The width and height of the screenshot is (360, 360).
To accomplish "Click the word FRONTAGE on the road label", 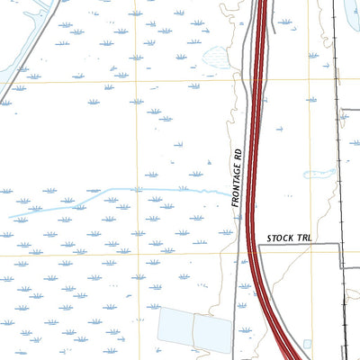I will coord(236,187).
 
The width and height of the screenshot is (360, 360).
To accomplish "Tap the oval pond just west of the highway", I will coord(217,58).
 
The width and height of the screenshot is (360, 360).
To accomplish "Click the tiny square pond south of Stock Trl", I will coord(307,344).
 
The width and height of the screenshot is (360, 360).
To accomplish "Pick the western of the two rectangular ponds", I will coord(175,329).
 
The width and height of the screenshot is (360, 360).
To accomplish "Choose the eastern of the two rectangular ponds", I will coord(212,334).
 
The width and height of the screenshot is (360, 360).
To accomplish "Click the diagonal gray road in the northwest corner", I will coord(36,45).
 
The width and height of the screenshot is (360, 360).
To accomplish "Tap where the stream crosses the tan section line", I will coord(138,190).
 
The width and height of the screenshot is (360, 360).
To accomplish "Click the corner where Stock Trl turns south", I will coord(339,244).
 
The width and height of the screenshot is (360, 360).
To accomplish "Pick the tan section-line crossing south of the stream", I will coord(138,253).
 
